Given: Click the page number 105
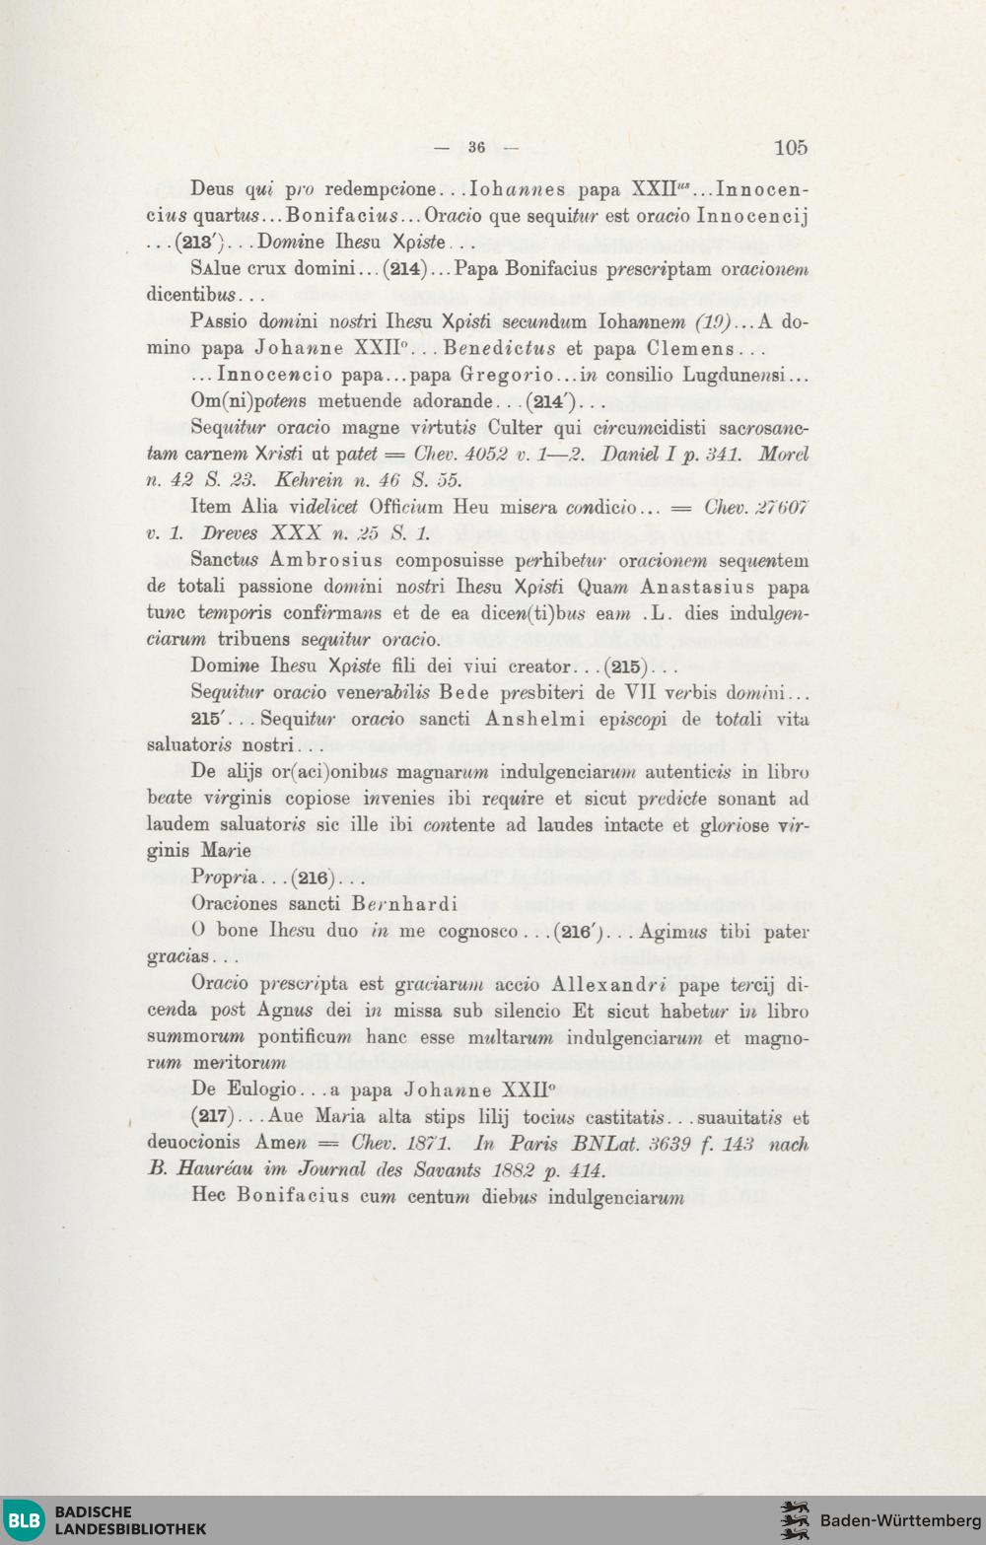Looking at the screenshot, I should pyautogui.click(x=790, y=148).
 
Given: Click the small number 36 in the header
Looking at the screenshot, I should pyautogui.click(x=477, y=148).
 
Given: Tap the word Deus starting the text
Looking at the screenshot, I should pyautogui.click(x=212, y=189).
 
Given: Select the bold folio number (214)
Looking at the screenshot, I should pyautogui.click(x=404, y=269).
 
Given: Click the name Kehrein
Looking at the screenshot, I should pyautogui.click(x=311, y=480).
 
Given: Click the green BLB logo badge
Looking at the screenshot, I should pyautogui.click(x=24, y=1519).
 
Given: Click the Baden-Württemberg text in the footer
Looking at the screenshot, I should pyautogui.click(x=900, y=1519).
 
